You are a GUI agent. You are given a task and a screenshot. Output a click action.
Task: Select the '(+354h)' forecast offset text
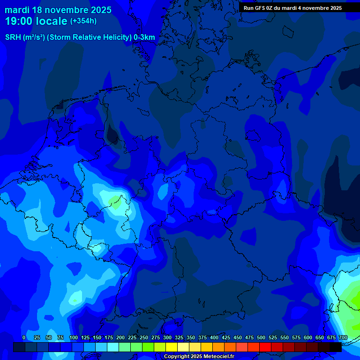coord(83,21)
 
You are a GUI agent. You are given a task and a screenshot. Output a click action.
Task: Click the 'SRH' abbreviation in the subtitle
coord(13,37)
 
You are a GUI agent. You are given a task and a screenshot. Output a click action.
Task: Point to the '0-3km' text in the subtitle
coord(144,37)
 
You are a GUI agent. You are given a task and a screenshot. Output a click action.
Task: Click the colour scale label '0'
coord(24,337)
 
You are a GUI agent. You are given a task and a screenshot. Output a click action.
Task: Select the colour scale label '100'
coord(74,337)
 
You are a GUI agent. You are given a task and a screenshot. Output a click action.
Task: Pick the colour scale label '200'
coord(120,337)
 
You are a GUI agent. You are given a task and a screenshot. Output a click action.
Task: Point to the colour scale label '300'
coord(167,337)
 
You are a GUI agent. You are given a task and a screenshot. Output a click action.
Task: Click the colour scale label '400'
coord(214,337)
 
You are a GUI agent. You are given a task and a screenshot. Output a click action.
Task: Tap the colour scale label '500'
coord(261,337)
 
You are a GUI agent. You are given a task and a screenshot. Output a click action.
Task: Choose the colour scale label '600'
coord(308,337)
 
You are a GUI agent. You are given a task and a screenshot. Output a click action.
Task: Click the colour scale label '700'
coord(343,337)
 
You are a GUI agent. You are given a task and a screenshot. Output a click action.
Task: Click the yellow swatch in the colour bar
coord(172,347)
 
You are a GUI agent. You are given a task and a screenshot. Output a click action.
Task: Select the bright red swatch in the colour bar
coord(265,347)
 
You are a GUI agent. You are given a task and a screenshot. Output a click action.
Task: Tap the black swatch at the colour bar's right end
coord(336,347)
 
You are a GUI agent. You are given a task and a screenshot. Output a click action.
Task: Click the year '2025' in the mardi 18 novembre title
coord(100,10)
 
